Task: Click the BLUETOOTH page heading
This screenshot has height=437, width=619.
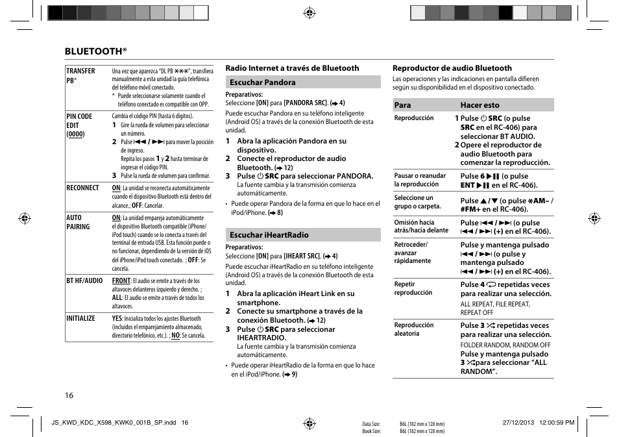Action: coord(95,51)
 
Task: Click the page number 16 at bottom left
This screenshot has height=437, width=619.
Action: coord(69,395)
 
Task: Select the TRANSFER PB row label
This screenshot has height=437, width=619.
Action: coord(80,75)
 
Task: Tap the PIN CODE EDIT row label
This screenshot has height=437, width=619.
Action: coord(79,125)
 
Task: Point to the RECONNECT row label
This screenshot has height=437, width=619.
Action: coord(82,188)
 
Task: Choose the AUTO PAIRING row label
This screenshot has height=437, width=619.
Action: coord(78,222)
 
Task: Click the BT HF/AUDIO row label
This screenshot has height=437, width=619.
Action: coord(84,281)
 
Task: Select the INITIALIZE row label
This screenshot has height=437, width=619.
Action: coord(80,318)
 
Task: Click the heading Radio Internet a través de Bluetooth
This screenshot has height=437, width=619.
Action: coord(292,68)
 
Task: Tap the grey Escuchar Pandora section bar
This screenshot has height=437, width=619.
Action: coord(302,82)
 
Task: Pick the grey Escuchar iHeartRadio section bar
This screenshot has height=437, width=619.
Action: coord(302,235)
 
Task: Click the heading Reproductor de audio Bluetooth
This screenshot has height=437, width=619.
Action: coord(452,68)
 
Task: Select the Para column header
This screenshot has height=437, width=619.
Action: coord(402,105)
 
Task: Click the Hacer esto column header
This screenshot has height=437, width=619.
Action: coord(480,105)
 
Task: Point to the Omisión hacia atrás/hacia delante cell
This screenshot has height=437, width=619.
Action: coord(421,226)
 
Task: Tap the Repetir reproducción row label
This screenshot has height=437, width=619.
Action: coord(413,288)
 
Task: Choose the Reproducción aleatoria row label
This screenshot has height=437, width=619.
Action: coord(414,329)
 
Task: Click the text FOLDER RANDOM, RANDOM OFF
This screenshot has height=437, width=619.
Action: coord(505,345)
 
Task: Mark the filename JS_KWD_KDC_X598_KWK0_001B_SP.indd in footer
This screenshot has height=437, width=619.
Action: coord(115,423)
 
